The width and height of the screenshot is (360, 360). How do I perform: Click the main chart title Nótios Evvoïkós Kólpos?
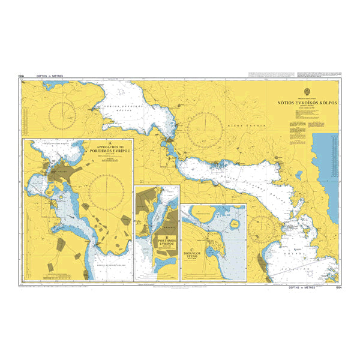[x=306, y=103]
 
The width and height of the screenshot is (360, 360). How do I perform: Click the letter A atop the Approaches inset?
[x=106, y=143]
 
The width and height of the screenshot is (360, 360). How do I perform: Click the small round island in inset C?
[x=234, y=224]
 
